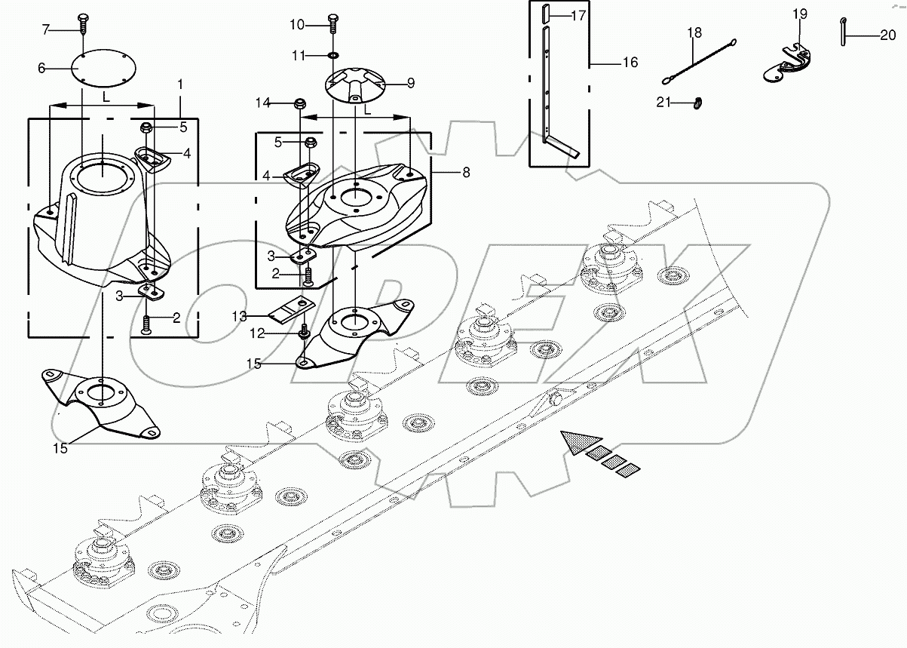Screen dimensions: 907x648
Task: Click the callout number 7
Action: point(46,29)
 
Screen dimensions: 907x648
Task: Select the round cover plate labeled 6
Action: point(103,68)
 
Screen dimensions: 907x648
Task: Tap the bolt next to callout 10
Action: point(332,24)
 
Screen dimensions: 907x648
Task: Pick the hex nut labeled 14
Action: point(299,103)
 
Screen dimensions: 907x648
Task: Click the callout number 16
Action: point(630,62)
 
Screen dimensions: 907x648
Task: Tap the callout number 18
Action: point(694,32)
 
